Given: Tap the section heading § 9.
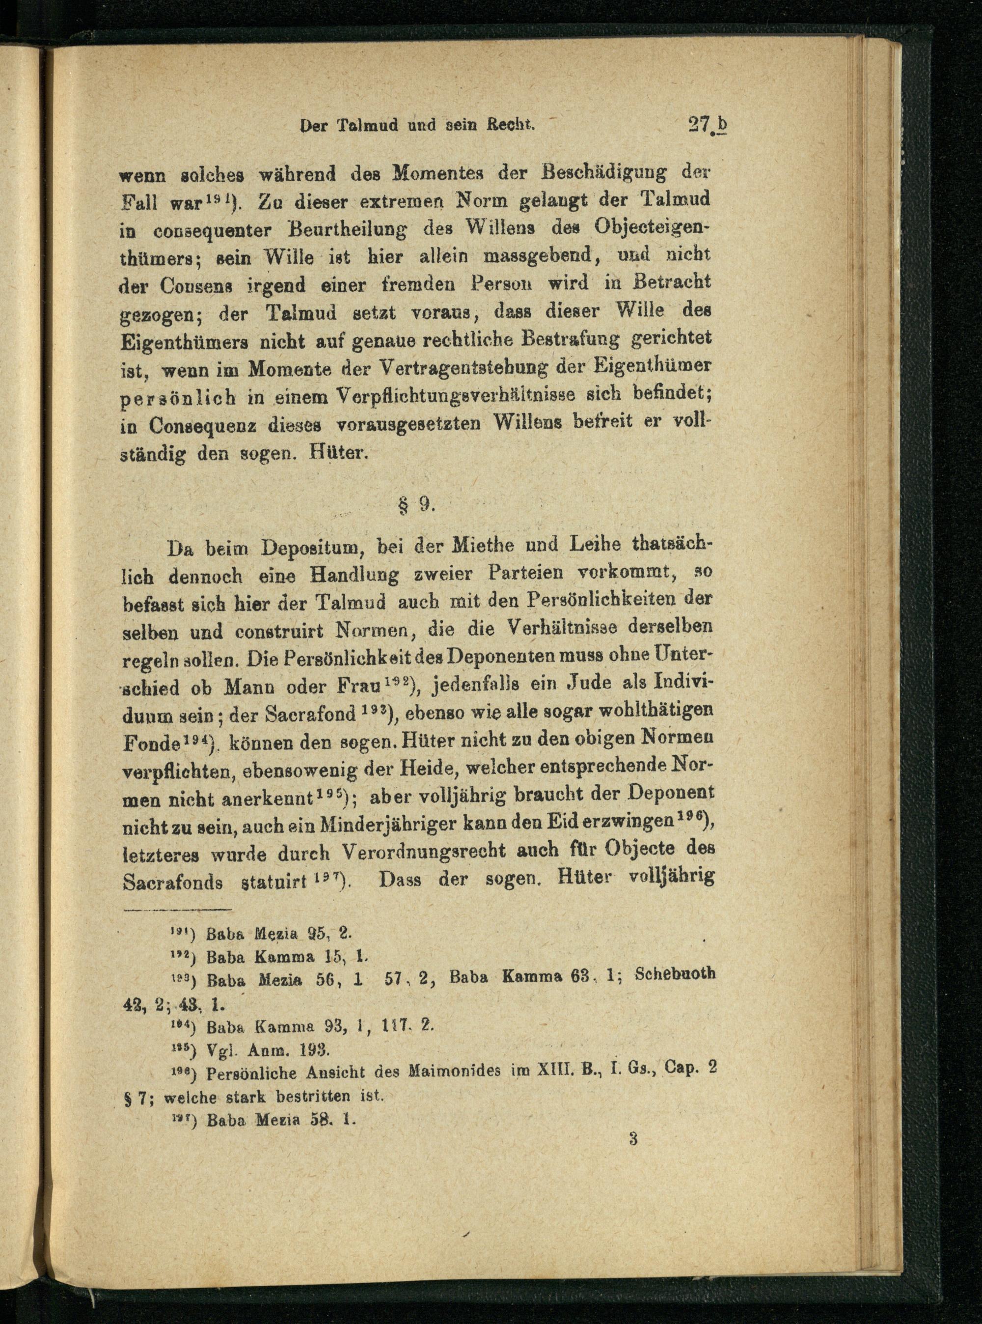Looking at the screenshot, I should click(x=416, y=504).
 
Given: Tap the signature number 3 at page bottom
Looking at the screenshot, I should click(x=632, y=1139).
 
